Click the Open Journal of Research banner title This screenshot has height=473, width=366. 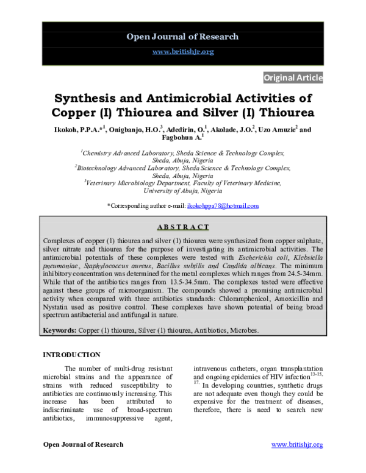tap(182, 37)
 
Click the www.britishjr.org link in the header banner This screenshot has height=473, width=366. tap(182, 52)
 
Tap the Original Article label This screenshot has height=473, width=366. tap(292, 77)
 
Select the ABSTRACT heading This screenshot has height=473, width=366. tap(182, 227)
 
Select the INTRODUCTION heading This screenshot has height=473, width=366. tap(71, 355)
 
